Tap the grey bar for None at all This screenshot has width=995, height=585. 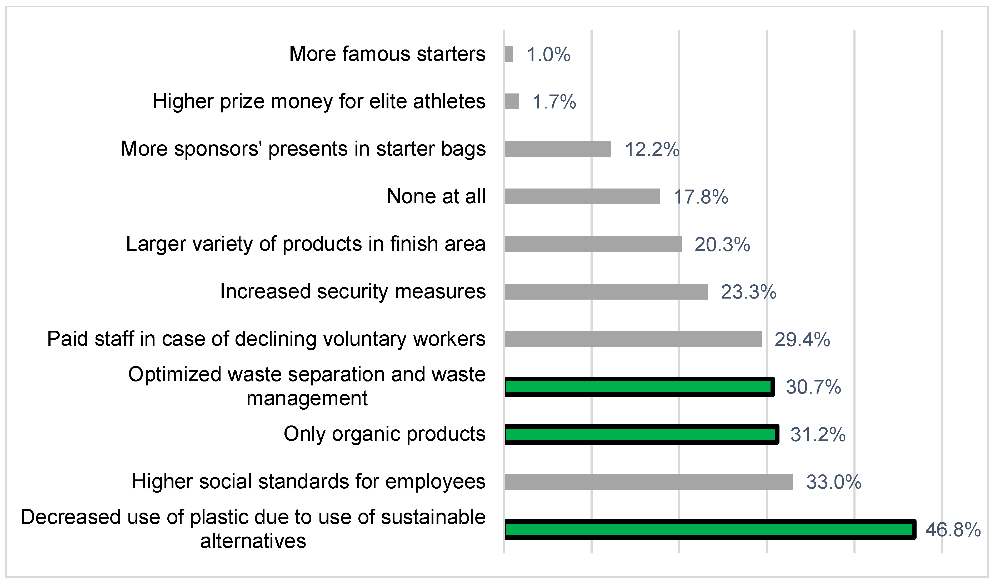click(582, 196)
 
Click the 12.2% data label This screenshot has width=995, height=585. click(652, 149)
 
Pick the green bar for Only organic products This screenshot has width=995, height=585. click(641, 434)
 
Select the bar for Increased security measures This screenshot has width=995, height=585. click(606, 291)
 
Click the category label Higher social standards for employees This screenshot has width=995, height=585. click(308, 482)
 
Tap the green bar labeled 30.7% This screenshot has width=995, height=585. click(639, 387)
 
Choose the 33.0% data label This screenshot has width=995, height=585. click(833, 482)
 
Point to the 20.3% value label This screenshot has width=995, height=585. click(722, 245)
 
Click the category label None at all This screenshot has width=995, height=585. click(436, 196)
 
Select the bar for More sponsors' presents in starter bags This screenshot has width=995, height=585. click(558, 149)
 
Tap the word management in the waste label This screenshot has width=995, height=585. click(307, 398)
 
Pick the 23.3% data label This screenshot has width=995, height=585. click(748, 292)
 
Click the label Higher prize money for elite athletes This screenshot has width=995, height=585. click(319, 102)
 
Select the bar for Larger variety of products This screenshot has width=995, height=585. click(593, 244)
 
